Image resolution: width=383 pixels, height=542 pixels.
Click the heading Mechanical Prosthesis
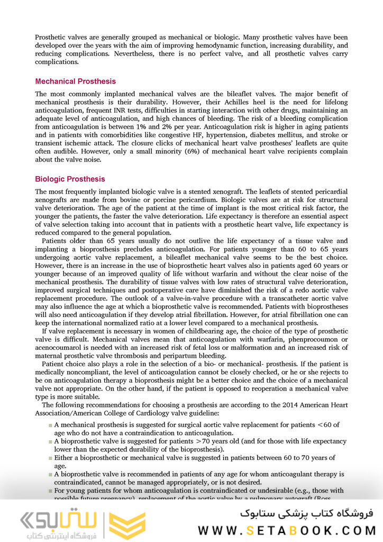pos(75,82)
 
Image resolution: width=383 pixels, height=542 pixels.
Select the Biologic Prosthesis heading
pos(70,179)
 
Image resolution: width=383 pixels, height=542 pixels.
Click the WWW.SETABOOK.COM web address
pos(288,530)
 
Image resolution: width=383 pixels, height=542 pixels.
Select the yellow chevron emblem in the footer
pos(127,526)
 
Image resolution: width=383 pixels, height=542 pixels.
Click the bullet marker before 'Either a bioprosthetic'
pos(50,458)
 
